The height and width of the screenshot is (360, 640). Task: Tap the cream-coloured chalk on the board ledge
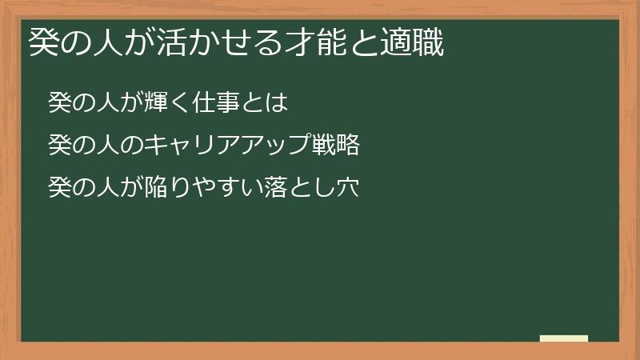[564, 338]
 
